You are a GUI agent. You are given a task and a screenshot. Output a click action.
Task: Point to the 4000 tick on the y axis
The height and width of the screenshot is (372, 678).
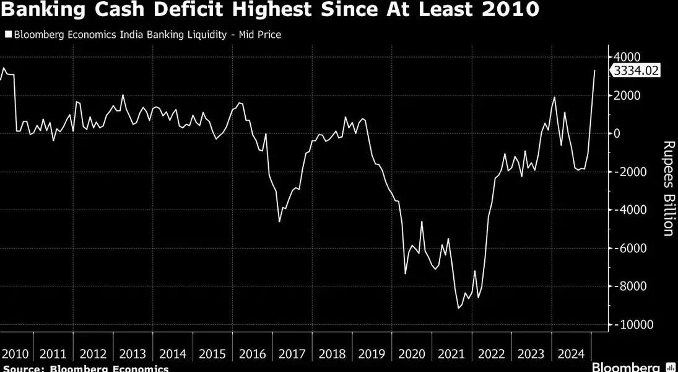coord(628,57)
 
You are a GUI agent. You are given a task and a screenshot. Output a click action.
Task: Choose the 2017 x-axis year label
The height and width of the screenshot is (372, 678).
coord(292,354)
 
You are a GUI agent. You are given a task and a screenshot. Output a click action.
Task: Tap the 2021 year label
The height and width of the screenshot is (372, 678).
coord(450,354)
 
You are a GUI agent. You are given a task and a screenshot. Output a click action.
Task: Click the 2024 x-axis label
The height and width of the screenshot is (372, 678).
coord(570,354)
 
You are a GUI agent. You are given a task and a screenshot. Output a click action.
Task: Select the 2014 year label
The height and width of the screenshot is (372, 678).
coord(173,354)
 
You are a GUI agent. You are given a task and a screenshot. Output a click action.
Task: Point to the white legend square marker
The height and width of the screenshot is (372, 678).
coord(7,35)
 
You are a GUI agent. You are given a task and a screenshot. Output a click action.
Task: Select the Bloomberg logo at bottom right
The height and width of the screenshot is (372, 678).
coord(627,366)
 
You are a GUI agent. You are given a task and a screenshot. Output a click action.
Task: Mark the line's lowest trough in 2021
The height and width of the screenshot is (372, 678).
coord(459,308)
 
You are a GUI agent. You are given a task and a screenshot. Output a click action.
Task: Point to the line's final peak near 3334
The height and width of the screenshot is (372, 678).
coord(595,70)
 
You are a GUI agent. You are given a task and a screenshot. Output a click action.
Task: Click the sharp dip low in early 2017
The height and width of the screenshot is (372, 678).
coord(279,221)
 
